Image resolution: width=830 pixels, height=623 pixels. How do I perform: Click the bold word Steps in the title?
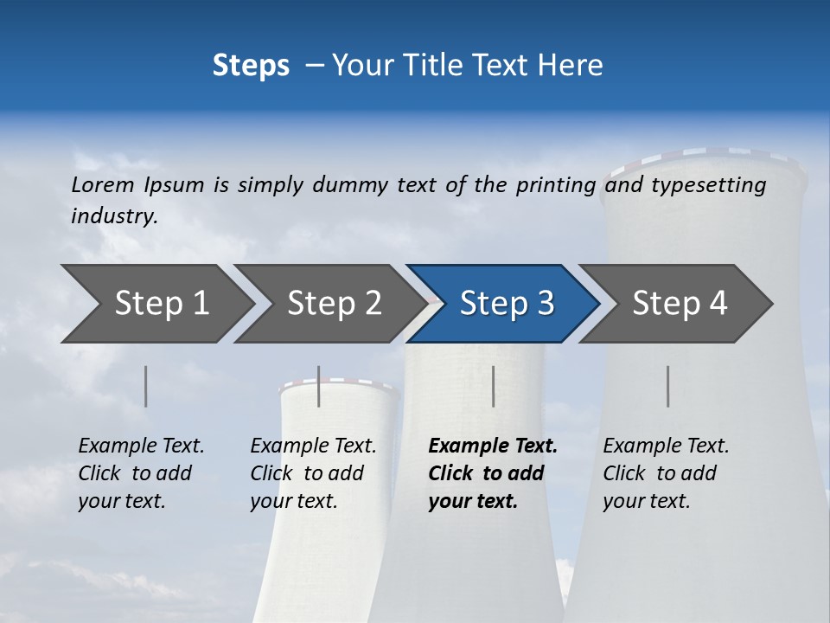(251, 66)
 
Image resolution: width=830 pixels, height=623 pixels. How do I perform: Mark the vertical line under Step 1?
(146, 386)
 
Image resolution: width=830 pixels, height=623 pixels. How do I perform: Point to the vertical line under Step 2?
(319, 386)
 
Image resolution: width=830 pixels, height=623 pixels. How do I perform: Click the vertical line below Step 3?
(494, 386)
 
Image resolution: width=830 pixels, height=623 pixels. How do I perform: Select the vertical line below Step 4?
(668, 386)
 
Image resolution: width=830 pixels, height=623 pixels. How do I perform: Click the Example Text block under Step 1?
(141, 473)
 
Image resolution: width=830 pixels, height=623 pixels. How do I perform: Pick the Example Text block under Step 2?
(313, 473)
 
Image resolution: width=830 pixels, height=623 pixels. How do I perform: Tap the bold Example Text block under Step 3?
(492, 473)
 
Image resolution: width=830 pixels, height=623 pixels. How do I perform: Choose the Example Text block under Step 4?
(666, 473)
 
